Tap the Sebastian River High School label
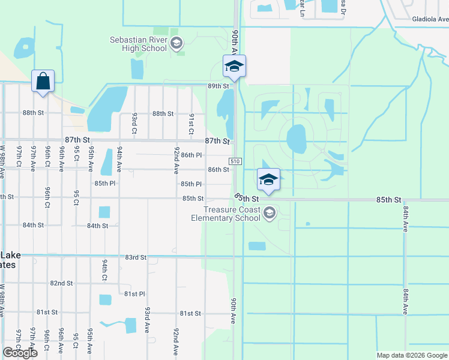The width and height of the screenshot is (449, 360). (138, 44)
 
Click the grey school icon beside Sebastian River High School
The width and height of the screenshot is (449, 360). (176, 43)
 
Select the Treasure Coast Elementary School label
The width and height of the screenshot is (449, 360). (231, 214)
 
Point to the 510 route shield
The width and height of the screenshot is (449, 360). (235, 162)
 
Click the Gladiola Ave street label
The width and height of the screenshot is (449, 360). (430, 19)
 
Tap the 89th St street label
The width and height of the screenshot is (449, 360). (218, 86)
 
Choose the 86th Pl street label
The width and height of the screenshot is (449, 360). (191, 155)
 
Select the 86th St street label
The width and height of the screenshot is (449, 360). (218, 170)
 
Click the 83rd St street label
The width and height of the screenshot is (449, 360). (136, 257)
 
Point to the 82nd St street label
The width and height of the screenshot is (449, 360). (61, 283)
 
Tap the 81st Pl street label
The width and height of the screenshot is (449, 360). (134, 294)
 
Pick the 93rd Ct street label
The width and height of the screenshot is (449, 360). (134, 123)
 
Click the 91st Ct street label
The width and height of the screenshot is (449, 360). (191, 123)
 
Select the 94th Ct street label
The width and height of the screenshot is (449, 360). (104, 270)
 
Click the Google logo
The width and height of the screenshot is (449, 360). (20, 353)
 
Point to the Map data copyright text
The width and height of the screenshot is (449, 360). (412, 355)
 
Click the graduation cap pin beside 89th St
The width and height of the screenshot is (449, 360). (234, 66)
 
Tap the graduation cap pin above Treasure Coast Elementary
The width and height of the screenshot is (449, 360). (268, 179)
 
